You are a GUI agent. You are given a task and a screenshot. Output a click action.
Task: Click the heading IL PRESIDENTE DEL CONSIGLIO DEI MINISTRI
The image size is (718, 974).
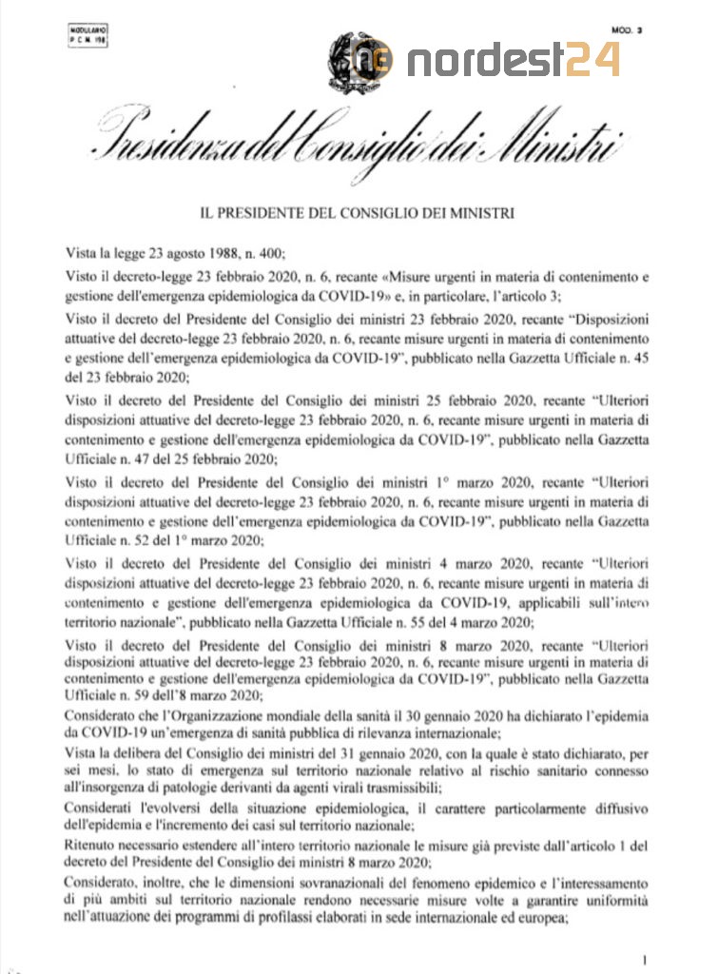coord(358,213)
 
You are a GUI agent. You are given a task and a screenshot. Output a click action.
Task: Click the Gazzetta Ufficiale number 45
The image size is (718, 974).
coord(640,357)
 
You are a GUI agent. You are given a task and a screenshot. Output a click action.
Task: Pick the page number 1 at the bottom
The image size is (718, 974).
coord(644,958)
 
